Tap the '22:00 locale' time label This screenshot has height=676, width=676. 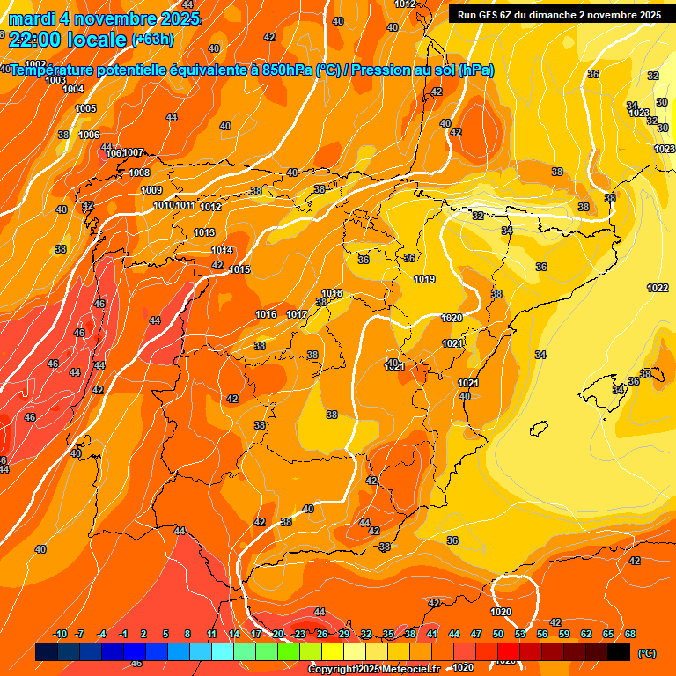click(67, 40)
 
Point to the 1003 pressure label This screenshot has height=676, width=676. click(55, 80)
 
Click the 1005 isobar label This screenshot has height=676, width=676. click(85, 108)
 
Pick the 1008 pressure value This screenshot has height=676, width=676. click(139, 173)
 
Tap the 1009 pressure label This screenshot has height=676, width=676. click(151, 190)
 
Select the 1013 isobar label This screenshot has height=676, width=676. click(204, 232)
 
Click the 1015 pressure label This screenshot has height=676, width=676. click(239, 269)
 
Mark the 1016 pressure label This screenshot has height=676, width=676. click(266, 314)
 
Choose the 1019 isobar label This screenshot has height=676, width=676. click(424, 279)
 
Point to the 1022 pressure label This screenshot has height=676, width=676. click(657, 288)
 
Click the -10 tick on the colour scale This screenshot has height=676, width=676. click(60, 635)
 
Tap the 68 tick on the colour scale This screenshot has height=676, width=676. click(630, 635)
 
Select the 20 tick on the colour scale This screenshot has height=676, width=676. click(278, 635)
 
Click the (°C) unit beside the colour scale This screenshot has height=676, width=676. click(646, 653)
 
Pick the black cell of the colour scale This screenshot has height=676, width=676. click(619, 651)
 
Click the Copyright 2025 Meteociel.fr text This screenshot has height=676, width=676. click(371, 670)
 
